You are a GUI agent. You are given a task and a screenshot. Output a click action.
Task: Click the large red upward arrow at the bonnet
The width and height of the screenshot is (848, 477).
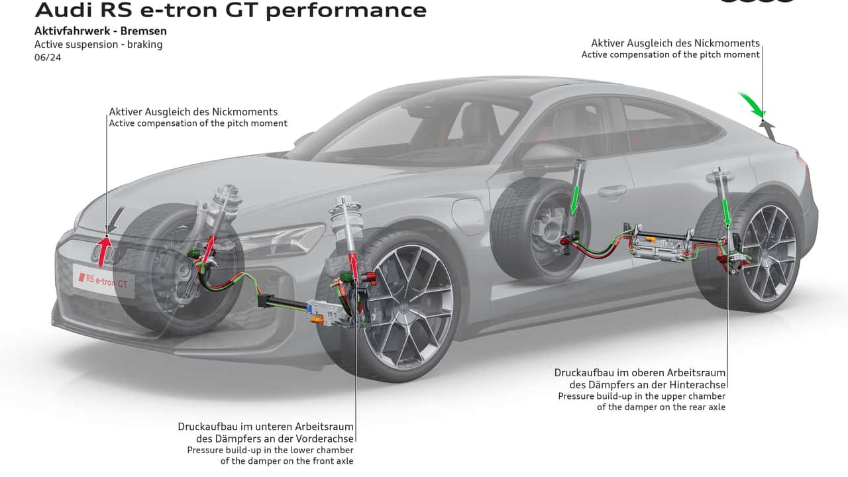(x=105, y=250)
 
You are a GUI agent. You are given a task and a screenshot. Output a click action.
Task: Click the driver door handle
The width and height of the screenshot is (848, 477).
(x=612, y=192)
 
